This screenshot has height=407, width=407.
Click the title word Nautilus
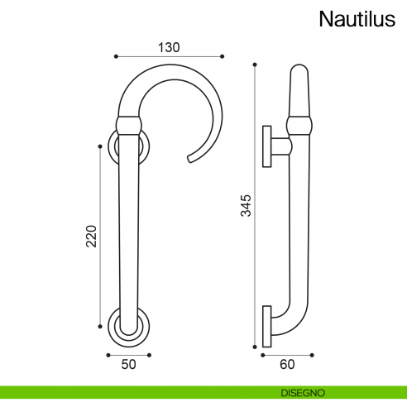pos(358,19)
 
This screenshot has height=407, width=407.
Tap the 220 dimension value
pos(92,238)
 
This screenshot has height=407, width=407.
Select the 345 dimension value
pos(246,204)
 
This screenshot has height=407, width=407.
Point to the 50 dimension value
pos(128,363)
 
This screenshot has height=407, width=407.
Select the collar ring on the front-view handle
pos(129,126)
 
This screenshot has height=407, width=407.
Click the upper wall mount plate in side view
pos(267,147)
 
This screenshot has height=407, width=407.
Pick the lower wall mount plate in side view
pos(266,326)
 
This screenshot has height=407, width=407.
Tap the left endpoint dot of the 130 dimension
pos(116,56)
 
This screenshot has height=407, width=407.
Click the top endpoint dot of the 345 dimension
pos(255,65)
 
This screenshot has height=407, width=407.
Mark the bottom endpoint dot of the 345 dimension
pos(255,346)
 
